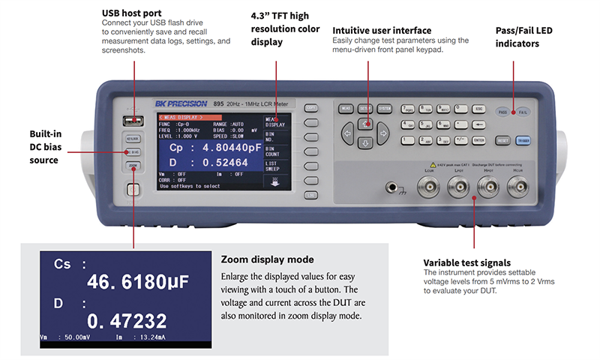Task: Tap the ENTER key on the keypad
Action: (x=479, y=139)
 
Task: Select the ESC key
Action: (x=479, y=109)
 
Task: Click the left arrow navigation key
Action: (x=347, y=133)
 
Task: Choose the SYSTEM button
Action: (x=385, y=109)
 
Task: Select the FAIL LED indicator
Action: (x=523, y=111)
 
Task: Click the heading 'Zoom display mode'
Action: (x=262, y=259)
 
